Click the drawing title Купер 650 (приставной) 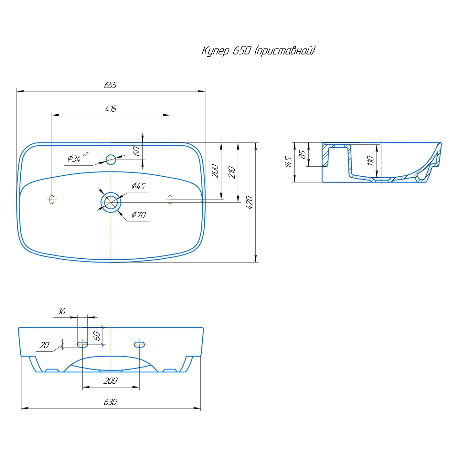click(x=259, y=51)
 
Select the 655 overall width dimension click(x=111, y=85)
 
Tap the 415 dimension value click(x=111, y=109)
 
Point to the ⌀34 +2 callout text click(x=78, y=157)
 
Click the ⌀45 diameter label click(x=138, y=186)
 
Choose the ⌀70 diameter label click(x=139, y=215)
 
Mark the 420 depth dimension click(x=249, y=202)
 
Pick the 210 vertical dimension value click(x=232, y=173)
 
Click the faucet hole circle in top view click(x=111, y=159)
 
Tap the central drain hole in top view click(x=111, y=202)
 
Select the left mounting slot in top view click(x=52, y=200)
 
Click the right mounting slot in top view click(x=170, y=200)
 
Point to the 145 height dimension click(x=289, y=162)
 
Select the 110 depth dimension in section click(x=370, y=161)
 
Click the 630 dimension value click(x=111, y=402)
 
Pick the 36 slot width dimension click(x=61, y=311)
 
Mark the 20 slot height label click(x=45, y=345)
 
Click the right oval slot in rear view click(x=139, y=344)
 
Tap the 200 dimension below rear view click(x=111, y=381)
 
